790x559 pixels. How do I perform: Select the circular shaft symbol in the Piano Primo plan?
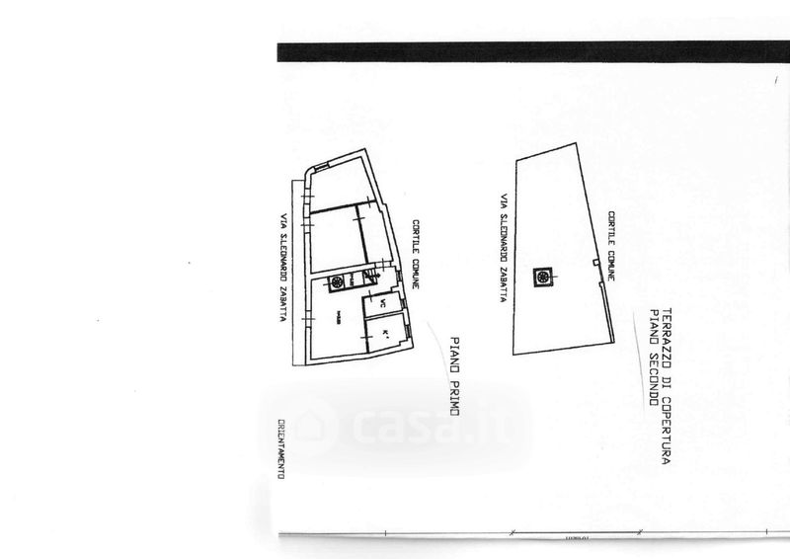click(337, 282)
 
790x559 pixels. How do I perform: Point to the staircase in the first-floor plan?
click(366, 279)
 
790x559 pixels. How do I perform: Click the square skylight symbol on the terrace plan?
click(542, 279)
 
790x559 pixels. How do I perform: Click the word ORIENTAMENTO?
click(281, 449)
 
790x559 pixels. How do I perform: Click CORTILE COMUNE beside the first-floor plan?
click(418, 253)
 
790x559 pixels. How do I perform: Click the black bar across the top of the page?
click(533, 52)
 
